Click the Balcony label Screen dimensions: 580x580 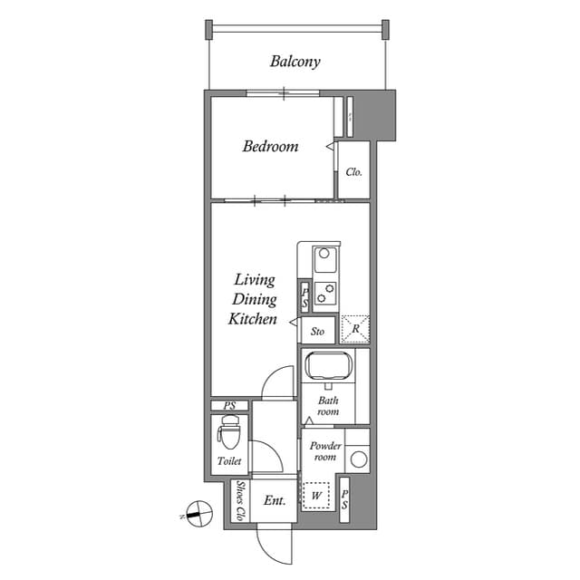click(x=295, y=63)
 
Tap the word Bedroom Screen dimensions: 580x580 click(x=270, y=146)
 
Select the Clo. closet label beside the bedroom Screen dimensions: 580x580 click(x=354, y=171)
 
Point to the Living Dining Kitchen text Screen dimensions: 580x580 click(x=253, y=299)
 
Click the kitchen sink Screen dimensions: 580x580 click(x=325, y=262)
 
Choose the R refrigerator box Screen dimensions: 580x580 click(x=354, y=328)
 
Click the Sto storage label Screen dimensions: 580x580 click(x=317, y=332)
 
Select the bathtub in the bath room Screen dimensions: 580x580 click(x=327, y=367)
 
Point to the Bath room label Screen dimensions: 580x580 click(x=327, y=405)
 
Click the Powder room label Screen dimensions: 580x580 click(x=324, y=451)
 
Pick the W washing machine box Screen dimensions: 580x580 click(x=316, y=496)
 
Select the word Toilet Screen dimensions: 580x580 click(x=229, y=462)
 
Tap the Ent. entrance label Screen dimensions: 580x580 click(x=275, y=500)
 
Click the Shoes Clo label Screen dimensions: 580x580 click(x=239, y=501)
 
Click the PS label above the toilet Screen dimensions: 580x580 click(x=229, y=406)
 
